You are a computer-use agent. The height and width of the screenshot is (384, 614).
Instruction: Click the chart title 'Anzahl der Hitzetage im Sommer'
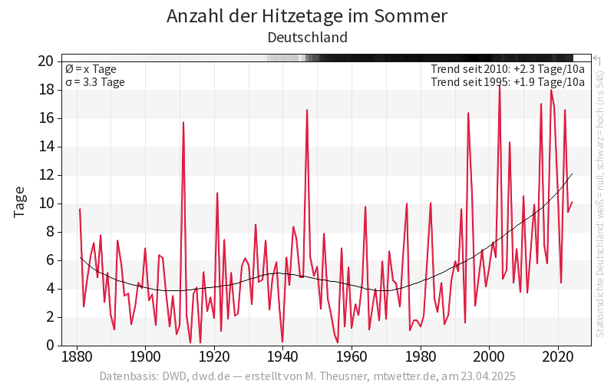pyautogui.click(x=307, y=16)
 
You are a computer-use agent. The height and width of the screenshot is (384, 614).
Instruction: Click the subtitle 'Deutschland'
pyautogui.click(x=307, y=38)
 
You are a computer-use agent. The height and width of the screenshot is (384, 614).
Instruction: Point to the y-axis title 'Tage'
pyautogui.click(x=20, y=202)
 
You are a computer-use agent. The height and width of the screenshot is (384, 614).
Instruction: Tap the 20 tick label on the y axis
pyautogui.click(x=45, y=61)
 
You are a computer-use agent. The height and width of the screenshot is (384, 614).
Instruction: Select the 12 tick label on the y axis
pyautogui.click(x=45, y=175)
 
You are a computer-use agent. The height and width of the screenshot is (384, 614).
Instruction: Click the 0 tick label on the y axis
pyautogui.click(x=49, y=346)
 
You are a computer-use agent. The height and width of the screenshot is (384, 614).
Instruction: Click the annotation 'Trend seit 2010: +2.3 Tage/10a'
pyautogui.click(x=508, y=69)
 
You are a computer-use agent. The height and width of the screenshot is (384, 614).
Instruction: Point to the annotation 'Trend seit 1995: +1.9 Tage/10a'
pyautogui.click(x=508, y=82)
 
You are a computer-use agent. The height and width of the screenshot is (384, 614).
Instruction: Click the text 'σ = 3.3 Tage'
pyautogui.click(x=94, y=82)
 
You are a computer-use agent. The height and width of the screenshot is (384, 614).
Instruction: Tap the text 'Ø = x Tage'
pyautogui.click(x=91, y=69)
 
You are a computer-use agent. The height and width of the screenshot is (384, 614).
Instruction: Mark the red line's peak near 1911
pyautogui.click(x=183, y=122)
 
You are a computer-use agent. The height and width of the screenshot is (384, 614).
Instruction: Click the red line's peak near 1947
pyautogui.click(x=307, y=110)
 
